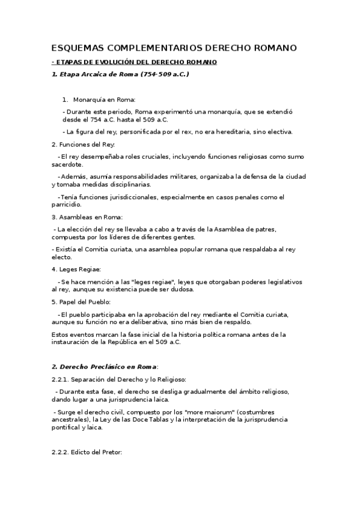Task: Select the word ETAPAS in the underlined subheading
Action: point(70,63)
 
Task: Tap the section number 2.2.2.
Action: point(61,452)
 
